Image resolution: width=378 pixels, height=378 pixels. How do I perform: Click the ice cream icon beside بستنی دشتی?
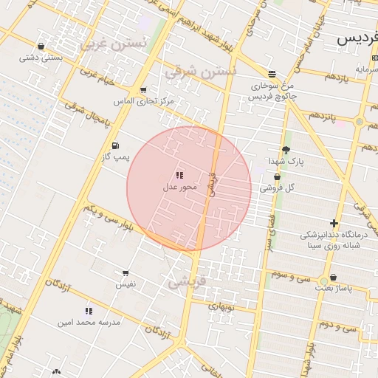tap(41, 46)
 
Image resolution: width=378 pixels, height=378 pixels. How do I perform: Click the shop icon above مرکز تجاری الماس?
tap(142, 89)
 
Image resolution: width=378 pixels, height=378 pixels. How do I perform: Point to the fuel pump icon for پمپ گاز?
tap(114, 145)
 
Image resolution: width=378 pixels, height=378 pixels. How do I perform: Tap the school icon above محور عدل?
tap(179, 175)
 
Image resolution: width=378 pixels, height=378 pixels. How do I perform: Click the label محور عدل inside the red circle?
tap(180, 188)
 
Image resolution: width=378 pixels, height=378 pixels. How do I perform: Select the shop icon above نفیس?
tap(125, 272)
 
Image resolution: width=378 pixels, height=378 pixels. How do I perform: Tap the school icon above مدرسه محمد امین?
tap(89, 311)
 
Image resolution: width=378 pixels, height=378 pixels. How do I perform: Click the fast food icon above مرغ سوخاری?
tap(272, 74)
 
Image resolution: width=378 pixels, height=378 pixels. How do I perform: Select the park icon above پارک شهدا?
tap(286, 150)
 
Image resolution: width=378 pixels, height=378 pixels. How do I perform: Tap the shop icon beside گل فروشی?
tap(277, 176)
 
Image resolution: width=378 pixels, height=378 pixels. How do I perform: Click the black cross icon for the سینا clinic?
tap(334, 222)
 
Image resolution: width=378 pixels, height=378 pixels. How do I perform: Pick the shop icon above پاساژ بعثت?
tap(333, 278)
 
